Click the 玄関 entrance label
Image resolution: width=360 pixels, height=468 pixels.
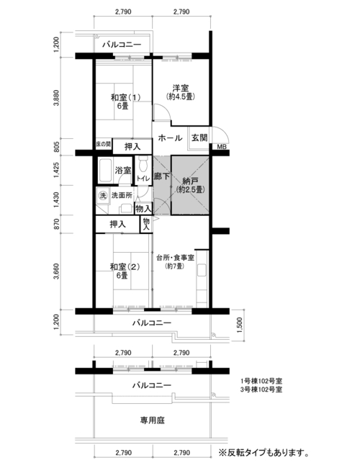click(x=199, y=138)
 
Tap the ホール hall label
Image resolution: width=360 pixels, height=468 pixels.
click(x=170, y=138)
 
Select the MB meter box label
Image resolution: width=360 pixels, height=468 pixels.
click(x=222, y=147)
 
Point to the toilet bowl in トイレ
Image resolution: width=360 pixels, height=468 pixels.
click(x=143, y=165)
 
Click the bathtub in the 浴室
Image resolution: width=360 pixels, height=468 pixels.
click(x=106, y=170)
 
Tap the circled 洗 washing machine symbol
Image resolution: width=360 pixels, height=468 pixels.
click(x=103, y=196)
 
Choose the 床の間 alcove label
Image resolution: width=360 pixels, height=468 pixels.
click(x=103, y=145)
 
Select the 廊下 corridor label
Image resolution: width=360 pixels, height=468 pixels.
click(x=162, y=176)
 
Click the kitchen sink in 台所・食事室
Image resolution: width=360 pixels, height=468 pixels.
click(x=202, y=270)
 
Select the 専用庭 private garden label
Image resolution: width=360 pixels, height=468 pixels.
click(x=153, y=420)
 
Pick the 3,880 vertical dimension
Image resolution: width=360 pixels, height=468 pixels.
click(x=56, y=97)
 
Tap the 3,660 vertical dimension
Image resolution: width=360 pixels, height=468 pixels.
click(x=56, y=271)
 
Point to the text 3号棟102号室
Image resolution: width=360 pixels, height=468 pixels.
click(x=261, y=390)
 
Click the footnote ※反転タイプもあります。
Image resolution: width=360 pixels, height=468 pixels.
click(x=264, y=453)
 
